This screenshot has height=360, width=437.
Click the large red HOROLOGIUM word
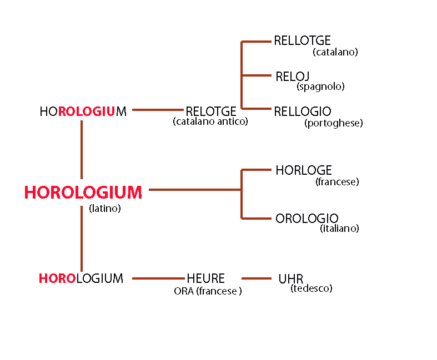point(83,192)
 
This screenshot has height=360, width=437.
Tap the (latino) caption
point(105,209)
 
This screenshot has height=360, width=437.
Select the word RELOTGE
point(211,111)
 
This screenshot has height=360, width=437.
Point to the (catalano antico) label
point(210,121)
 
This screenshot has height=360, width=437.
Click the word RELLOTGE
point(303,40)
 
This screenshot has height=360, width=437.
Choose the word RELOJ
point(293,77)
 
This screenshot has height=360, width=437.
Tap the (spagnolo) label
point(320,87)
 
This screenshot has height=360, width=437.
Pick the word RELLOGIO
point(303,111)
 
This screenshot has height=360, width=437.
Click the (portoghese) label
point(334,123)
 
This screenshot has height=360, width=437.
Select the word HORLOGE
point(304,170)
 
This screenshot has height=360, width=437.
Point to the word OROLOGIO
point(307,219)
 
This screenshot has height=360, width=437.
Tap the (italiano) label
point(339,229)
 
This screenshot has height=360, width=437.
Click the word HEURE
point(205,278)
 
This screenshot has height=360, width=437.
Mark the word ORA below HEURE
point(184,291)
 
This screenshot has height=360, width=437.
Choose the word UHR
point(290,279)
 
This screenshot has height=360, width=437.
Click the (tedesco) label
point(312,288)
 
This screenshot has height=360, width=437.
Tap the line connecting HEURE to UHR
point(257,278)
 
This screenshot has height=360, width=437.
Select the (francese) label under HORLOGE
point(337,182)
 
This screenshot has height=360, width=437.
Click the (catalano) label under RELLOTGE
point(335,52)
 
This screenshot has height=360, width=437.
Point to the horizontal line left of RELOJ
point(257,75)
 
